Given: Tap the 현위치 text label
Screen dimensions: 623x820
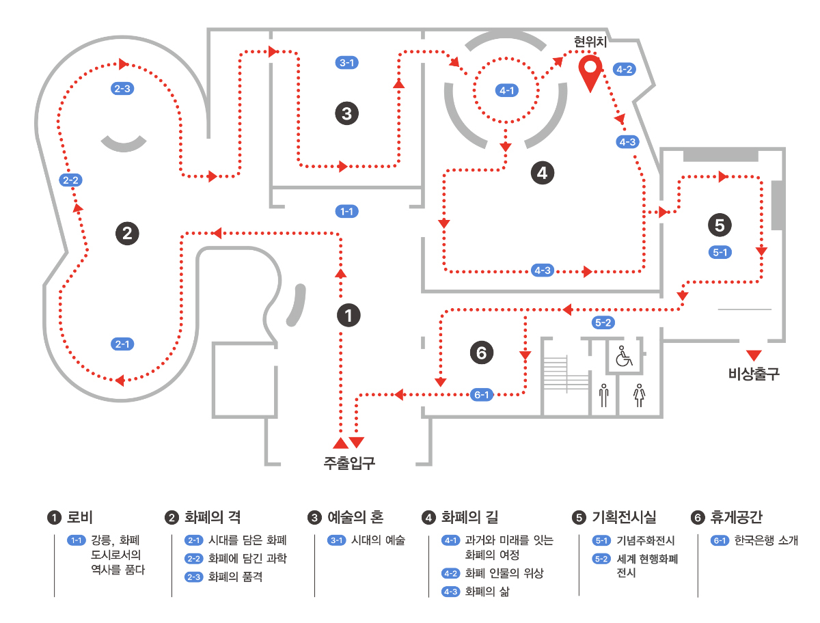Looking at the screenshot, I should pos(591,42).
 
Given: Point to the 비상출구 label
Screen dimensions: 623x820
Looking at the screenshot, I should pos(754,374).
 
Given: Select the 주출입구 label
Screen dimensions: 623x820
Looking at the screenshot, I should pos(349,462).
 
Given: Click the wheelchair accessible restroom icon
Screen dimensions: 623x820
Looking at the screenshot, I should pos(623,357).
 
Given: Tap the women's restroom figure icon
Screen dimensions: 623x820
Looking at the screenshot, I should pos(639,395).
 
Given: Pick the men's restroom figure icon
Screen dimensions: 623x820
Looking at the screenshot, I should pos(603,395).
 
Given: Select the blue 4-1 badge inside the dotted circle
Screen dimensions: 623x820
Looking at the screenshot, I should pos(506,89).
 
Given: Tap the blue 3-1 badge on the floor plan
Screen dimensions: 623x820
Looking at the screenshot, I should pos(347,63).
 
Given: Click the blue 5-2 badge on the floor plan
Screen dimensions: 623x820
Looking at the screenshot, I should pos(603,322).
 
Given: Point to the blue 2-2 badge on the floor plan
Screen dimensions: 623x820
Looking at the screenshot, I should pos(71,180).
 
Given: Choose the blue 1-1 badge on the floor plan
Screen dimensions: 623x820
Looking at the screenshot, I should pos(347,211).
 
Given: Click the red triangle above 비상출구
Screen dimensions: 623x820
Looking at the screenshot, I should pos(753,355).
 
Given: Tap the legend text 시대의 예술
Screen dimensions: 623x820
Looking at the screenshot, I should pos(378,540).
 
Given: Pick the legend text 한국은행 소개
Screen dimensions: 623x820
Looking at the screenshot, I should pos(765,540).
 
